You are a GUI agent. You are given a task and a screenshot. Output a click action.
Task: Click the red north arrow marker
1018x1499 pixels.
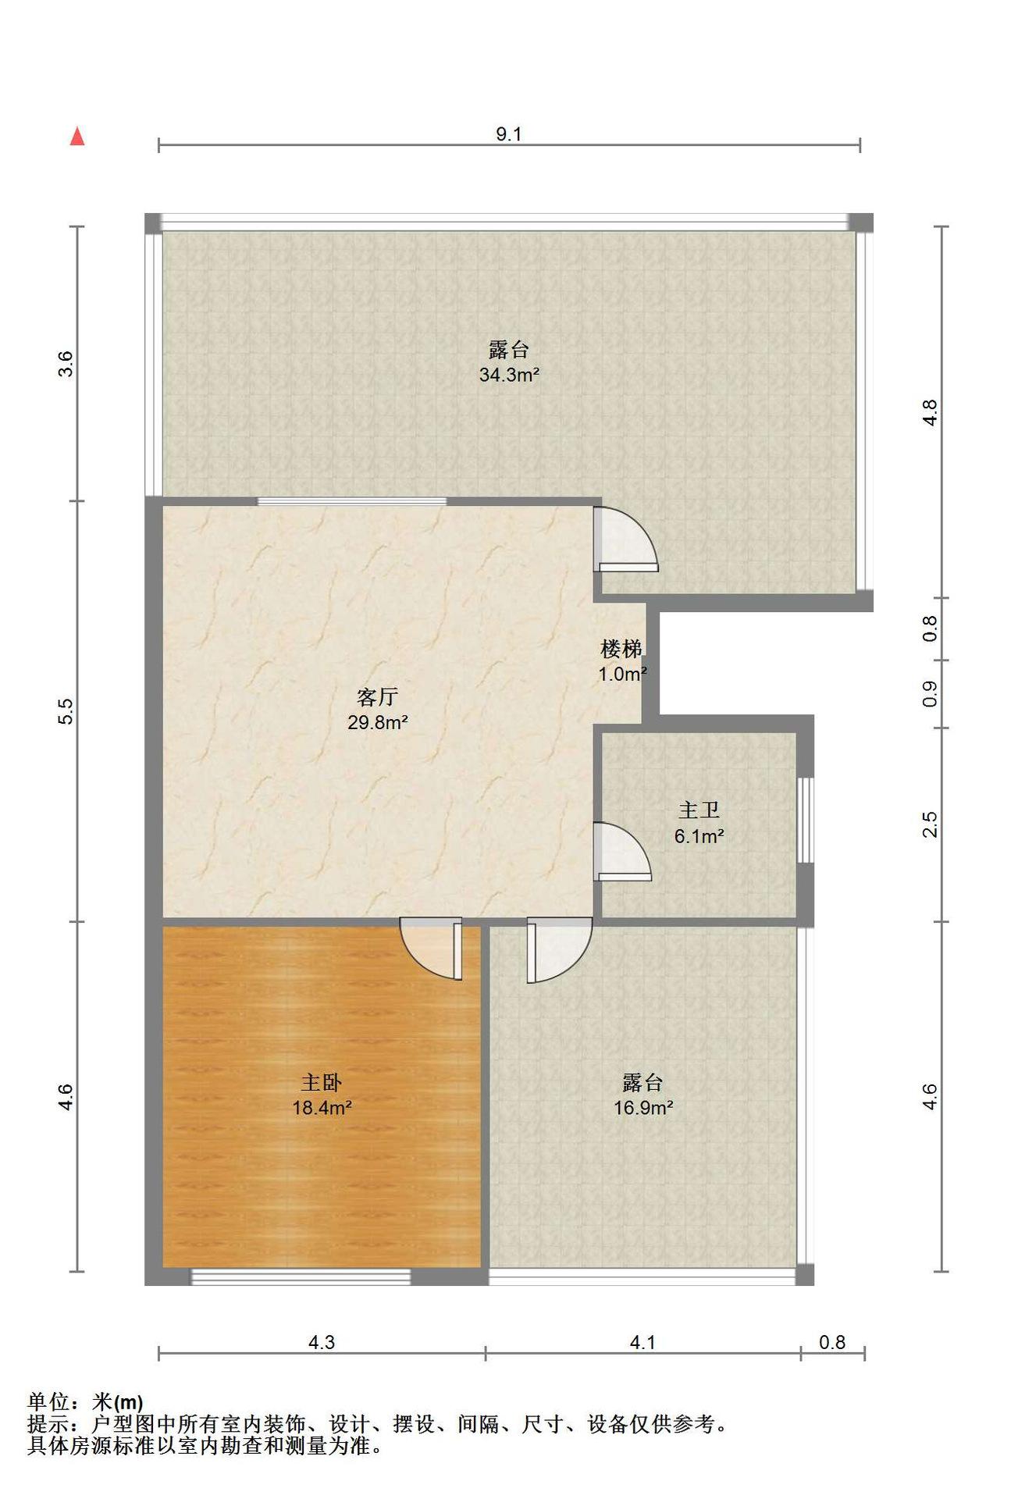click(77, 137)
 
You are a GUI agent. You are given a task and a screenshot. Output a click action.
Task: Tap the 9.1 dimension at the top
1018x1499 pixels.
click(508, 134)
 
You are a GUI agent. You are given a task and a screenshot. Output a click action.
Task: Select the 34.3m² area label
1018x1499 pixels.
click(509, 375)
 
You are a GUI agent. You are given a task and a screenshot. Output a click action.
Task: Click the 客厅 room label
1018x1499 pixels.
click(378, 696)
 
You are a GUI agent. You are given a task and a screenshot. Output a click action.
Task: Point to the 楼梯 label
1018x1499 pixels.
click(621, 649)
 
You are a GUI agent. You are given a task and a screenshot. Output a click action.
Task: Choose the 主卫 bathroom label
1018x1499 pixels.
click(699, 810)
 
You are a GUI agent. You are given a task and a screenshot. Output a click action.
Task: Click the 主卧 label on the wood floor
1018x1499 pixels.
click(322, 1082)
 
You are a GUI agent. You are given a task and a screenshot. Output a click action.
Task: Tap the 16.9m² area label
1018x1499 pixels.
click(643, 1108)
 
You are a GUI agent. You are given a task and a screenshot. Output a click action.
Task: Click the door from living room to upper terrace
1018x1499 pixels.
click(625, 539)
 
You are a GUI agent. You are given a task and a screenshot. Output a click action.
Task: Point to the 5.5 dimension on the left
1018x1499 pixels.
click(66, 710)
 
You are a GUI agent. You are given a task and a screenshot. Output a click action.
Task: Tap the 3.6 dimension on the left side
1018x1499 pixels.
click(66, 364)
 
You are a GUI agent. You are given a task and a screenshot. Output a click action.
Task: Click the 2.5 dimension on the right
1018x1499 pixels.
click(930, 824)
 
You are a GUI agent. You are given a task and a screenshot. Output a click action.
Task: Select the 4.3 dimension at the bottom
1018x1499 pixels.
click(322, 1342)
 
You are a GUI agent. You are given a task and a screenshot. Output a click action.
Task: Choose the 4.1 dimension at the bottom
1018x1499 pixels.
click(642, 1342)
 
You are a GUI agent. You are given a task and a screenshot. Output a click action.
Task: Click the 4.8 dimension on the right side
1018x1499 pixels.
click(930, 412)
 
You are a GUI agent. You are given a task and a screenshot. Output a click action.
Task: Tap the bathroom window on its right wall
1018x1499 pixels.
click(806, 820)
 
